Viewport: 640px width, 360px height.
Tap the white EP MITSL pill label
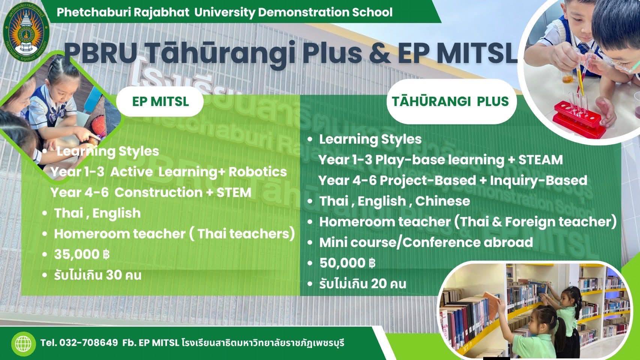point(160,101)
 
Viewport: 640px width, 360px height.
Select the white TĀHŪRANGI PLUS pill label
point(451,101)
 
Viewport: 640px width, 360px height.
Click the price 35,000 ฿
point(82,254)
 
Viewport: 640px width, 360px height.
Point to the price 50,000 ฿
point(347,263)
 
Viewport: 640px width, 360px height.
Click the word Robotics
point(258,172)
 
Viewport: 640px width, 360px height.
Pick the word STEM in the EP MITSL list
point(234,192)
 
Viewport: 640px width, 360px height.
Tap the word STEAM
point(541,160)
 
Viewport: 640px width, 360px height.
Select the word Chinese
point(443,201)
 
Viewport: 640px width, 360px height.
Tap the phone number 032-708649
point(89,343)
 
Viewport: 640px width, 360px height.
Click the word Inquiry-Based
point(539,181)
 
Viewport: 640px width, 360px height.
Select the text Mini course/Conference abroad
point(426,242)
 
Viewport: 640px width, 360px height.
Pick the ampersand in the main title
point(380,53)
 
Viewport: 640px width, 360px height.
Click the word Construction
point(159,192)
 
